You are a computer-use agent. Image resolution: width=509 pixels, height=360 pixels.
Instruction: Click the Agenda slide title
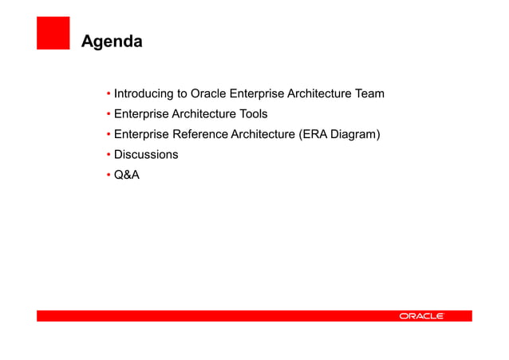point(112,41)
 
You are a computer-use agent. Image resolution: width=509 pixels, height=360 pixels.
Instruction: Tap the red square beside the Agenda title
point(53,34)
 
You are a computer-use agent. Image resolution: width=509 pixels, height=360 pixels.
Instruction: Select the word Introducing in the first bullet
point(144,94)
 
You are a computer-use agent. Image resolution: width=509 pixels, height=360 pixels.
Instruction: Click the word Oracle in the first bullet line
point(208,94)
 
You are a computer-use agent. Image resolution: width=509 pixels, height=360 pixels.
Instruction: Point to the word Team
point(369,94)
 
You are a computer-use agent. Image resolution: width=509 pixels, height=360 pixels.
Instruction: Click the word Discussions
point(146,154)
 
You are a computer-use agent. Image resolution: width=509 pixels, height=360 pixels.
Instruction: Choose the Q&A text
point(127,174)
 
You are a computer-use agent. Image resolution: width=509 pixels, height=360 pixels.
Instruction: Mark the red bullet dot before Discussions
point(108,154)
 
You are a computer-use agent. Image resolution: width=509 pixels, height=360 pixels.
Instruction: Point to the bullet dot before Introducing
point(108,94)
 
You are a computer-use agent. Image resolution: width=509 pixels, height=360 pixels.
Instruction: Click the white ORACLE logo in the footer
point(422,316)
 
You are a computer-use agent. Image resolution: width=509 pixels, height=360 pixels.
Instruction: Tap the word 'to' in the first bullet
point(182,94)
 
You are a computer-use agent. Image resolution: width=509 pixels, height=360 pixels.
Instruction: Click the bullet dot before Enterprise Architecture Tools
point(108,114)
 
